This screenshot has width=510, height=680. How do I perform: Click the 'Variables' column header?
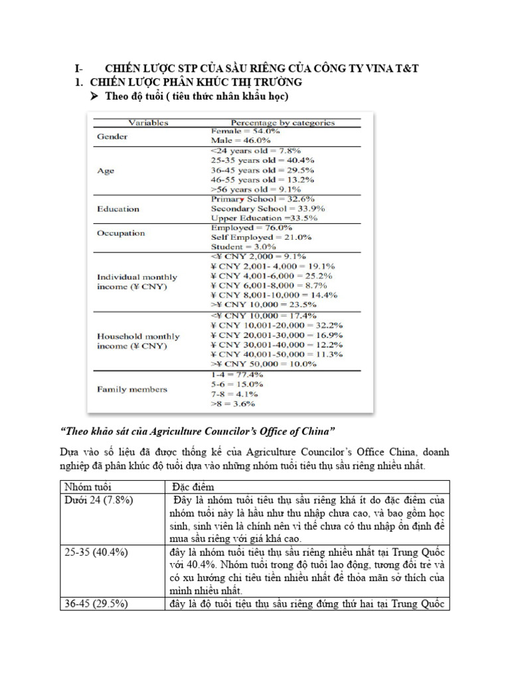(148, 123)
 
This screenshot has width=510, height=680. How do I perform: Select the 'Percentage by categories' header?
(282, 123)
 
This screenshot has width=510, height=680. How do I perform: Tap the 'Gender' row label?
(113, 136)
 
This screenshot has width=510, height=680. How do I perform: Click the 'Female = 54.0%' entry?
(240, 131)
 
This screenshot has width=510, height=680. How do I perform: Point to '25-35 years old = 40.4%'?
(262, 161)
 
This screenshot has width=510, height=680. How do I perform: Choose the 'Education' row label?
(118, 209)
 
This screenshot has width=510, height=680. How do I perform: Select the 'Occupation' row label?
(121, 233)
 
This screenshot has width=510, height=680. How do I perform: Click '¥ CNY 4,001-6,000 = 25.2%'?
(272, 276)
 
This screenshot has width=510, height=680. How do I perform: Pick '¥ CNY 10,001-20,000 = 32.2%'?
(277, 325)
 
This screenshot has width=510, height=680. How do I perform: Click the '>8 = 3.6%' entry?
(232, 403)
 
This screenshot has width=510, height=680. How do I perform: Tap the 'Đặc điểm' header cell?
(192, 487)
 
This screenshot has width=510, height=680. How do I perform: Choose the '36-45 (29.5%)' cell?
(96, 604)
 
